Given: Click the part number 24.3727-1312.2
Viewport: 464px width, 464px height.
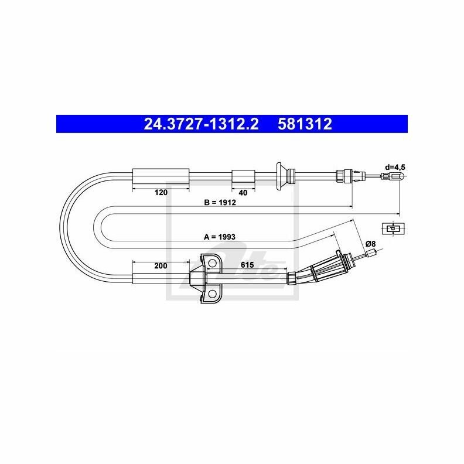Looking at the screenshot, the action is tap(201, 124).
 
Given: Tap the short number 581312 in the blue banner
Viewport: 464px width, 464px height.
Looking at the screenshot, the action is tap(305, 124).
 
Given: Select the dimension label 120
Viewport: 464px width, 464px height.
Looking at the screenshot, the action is tap(161, 193).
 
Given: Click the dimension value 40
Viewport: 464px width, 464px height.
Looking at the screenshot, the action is tap(243, 193).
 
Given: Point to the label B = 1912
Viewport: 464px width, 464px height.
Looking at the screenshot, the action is tap(220, 202).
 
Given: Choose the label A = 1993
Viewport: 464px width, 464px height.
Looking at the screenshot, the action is tap(220, 237).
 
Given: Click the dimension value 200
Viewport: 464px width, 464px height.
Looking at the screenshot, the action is tap(161, 266).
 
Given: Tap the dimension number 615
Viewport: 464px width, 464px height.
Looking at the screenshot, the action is tap(247, 265).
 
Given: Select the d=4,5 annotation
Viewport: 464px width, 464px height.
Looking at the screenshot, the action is tap(395, 167).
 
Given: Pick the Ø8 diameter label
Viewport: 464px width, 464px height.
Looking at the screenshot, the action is tap(370, 244).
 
